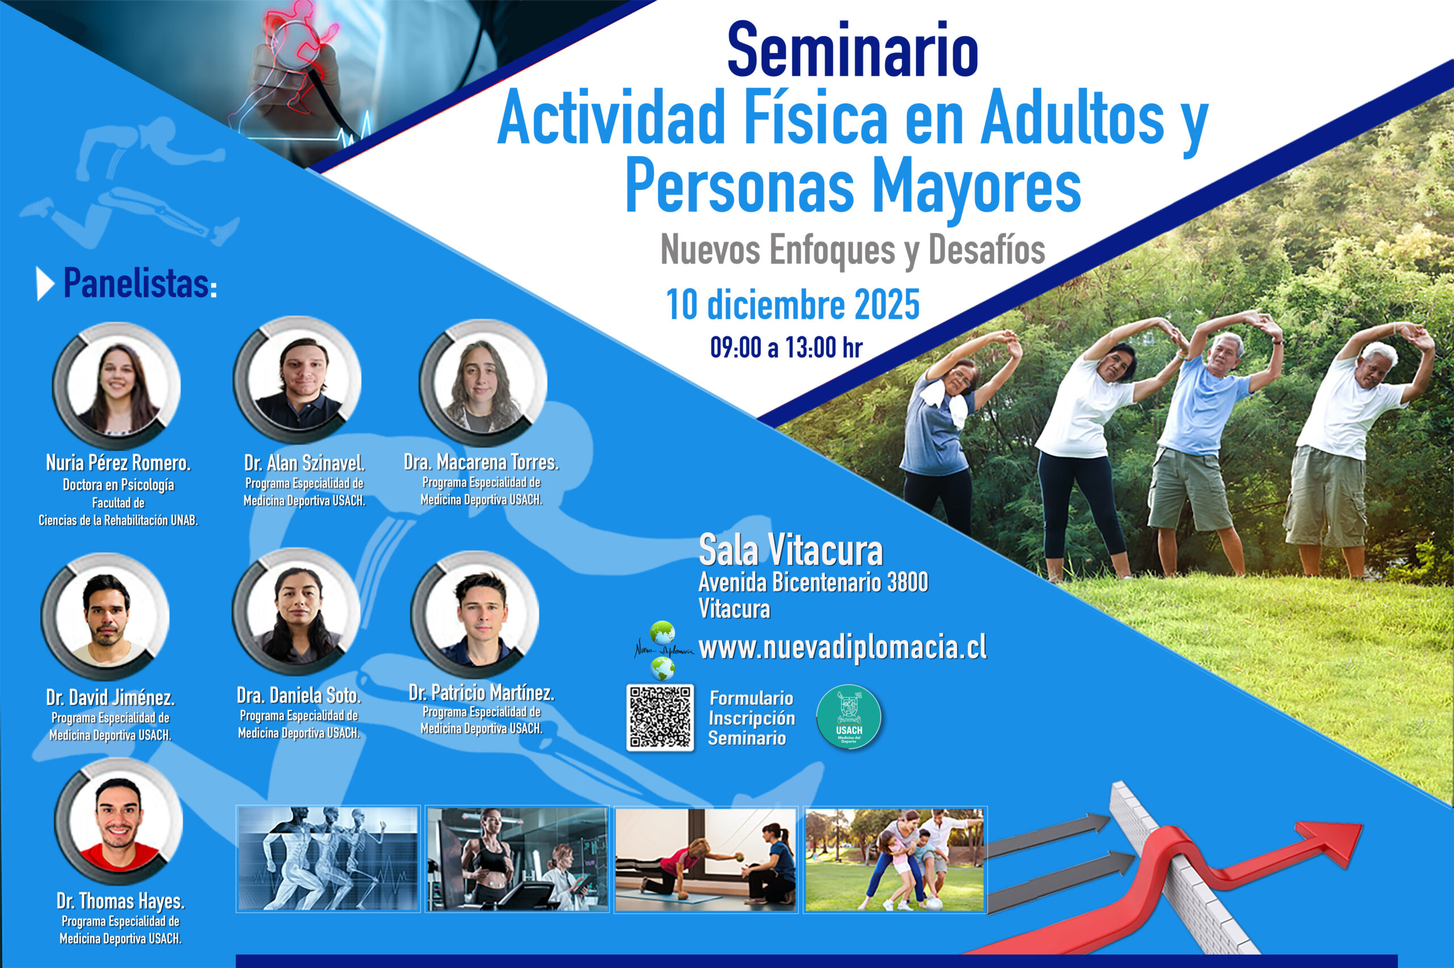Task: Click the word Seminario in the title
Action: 853,49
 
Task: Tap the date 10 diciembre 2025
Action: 793,305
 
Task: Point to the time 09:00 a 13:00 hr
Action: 786,348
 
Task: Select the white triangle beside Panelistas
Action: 44,284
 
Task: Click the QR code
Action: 660,717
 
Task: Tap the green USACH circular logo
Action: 849,717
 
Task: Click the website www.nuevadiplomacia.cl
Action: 842,648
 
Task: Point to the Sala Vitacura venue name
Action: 791,550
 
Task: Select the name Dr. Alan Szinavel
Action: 304,463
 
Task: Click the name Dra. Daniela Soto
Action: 299,696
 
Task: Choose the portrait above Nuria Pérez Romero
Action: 116,386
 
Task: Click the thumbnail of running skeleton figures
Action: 328,859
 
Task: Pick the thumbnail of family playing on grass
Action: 895,859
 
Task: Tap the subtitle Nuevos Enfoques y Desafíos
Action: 853,250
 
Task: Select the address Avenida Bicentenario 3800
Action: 813,582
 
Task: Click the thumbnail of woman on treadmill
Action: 517,859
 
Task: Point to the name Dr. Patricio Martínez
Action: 482,693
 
